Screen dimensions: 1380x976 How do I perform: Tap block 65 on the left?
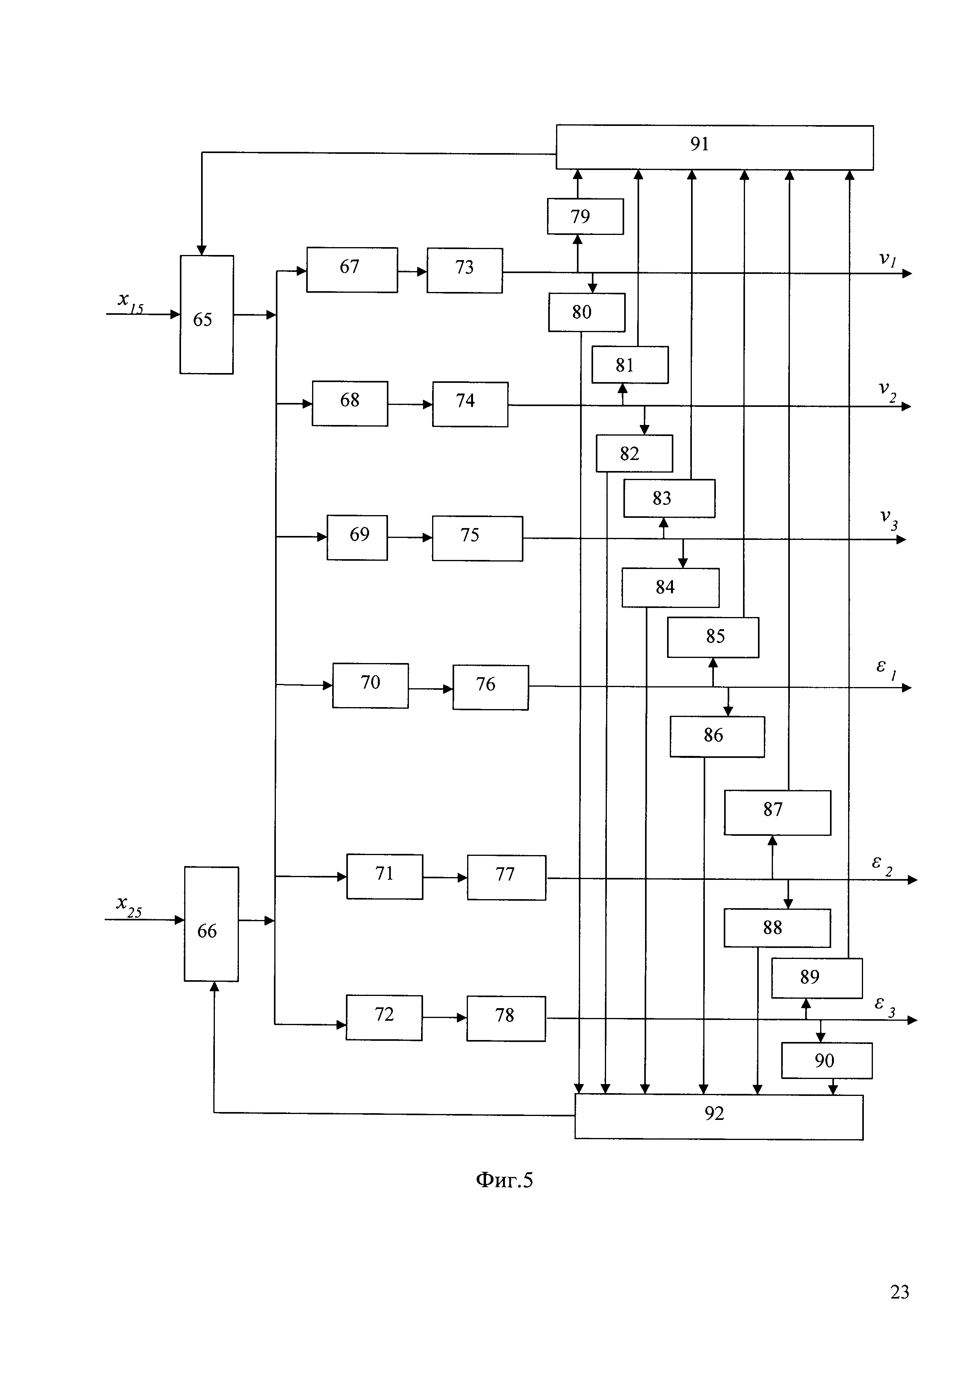(206, 314)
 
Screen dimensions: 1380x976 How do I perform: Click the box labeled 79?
(585, 216)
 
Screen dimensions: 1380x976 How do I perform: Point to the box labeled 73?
(464, 270)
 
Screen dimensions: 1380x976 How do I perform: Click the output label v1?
(887, 260)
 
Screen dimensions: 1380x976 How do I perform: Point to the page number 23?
(899, 1291)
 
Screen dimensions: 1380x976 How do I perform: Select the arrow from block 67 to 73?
(412, 272)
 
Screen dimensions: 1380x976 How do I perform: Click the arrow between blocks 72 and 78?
(444, 1018)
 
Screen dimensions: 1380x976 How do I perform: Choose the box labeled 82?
(634, 454)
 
